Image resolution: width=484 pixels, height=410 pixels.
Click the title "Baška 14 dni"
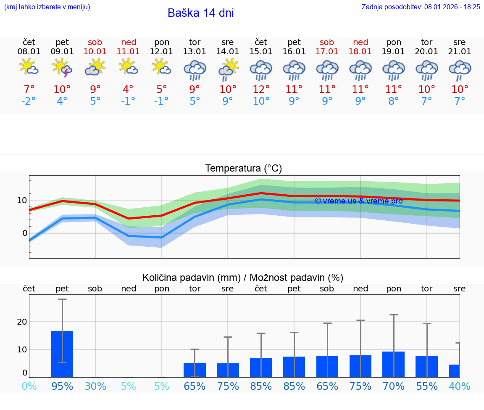(x=200, y=13)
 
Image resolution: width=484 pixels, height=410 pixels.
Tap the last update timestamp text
(x=421, y=7)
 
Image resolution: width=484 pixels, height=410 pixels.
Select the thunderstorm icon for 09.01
(x=62, y=68)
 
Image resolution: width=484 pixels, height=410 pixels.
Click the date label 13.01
(x=195, y=52)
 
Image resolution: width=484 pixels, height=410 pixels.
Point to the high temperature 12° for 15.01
(x=261, y=89)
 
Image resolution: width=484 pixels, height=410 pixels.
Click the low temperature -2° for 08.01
(x=29, y=101)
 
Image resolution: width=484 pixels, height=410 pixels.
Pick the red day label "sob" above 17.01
(x=327, y=42)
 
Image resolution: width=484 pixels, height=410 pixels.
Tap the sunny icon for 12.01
(x=161, y=67)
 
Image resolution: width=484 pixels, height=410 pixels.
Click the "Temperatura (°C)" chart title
(x=243, y=169)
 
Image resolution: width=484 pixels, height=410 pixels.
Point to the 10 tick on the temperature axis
(x=23, y=200)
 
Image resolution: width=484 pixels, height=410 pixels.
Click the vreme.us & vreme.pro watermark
(x=358, y=201)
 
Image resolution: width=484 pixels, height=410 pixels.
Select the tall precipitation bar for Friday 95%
(x=62, y=354)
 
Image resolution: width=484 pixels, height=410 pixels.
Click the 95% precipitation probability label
(x=62, y=386)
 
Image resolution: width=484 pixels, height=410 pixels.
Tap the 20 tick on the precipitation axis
(x=22, y=322)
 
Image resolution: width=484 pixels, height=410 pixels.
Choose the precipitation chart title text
(x=243, y=278)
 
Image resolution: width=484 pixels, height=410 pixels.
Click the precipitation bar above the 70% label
(x=393, y=364)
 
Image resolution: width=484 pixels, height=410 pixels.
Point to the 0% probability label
(x=29, y=386)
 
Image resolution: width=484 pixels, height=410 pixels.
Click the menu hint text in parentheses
(x=47, y=7)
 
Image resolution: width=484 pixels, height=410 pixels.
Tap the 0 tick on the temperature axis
(x=24, y=233)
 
